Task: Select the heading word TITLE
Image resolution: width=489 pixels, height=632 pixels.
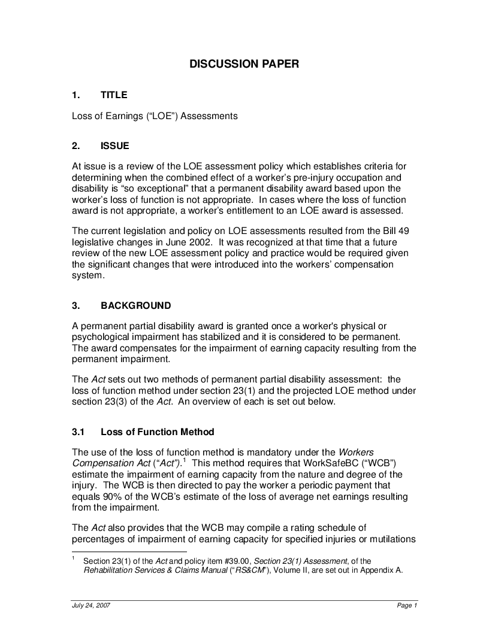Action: coord(114,95)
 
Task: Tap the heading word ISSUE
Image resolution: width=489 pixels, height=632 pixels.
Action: coord(114,145)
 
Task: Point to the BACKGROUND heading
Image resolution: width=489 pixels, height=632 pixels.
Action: coord(135,306)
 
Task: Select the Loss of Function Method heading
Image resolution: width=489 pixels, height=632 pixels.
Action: coord(157,432)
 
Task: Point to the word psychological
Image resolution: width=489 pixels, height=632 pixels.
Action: coord(98,337)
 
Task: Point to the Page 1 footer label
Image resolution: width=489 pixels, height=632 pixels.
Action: coord(407,606)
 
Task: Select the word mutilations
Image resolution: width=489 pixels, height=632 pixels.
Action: coord(390,539)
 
